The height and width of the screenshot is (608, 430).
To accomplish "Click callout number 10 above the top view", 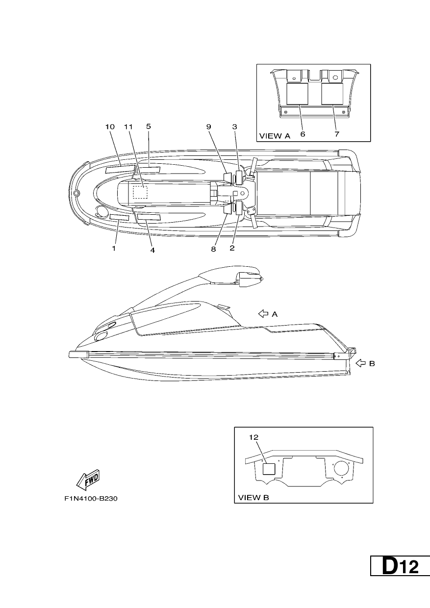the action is click(x=110, y=127).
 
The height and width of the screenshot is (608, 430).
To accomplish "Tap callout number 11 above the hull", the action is click(x=128, y=127).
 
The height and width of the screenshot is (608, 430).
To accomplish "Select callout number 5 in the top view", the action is click(x=149, y=126).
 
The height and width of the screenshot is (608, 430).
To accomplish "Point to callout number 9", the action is click(x=208, y=127).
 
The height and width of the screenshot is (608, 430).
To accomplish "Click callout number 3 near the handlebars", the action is click(x=234, y=127).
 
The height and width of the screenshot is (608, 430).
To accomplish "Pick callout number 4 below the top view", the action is click(x=152, y=250).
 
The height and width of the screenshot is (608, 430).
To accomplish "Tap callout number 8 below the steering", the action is click(x=213, y=249).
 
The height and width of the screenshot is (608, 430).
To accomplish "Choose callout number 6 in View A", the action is click(x=303, y=134).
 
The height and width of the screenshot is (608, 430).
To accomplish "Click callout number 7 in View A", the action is click(x=337, y=134).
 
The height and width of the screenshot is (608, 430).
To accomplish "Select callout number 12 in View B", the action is click(x=254, y=437).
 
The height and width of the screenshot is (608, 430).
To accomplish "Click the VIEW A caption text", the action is click(x=275, y=136).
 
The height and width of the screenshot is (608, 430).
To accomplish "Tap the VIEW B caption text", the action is click(x=253, y=498).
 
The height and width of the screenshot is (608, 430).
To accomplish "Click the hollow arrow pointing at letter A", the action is click(x=263, y=314).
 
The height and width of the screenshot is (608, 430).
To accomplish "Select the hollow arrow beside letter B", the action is click(x=360, y=363).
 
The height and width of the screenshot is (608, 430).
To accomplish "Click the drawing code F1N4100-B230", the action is click(x=91, y=499).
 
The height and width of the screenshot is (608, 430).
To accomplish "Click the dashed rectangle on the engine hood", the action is click(x=140, y=192).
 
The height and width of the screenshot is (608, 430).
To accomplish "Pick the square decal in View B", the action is click(x=269, y=469).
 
